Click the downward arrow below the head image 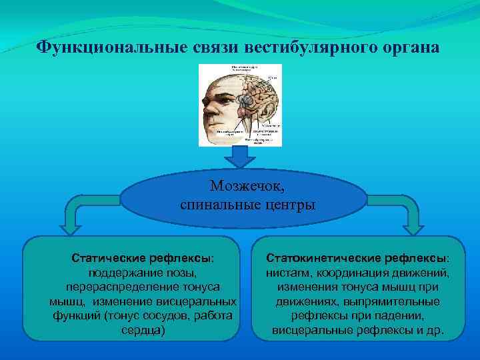tap(240, 157)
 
